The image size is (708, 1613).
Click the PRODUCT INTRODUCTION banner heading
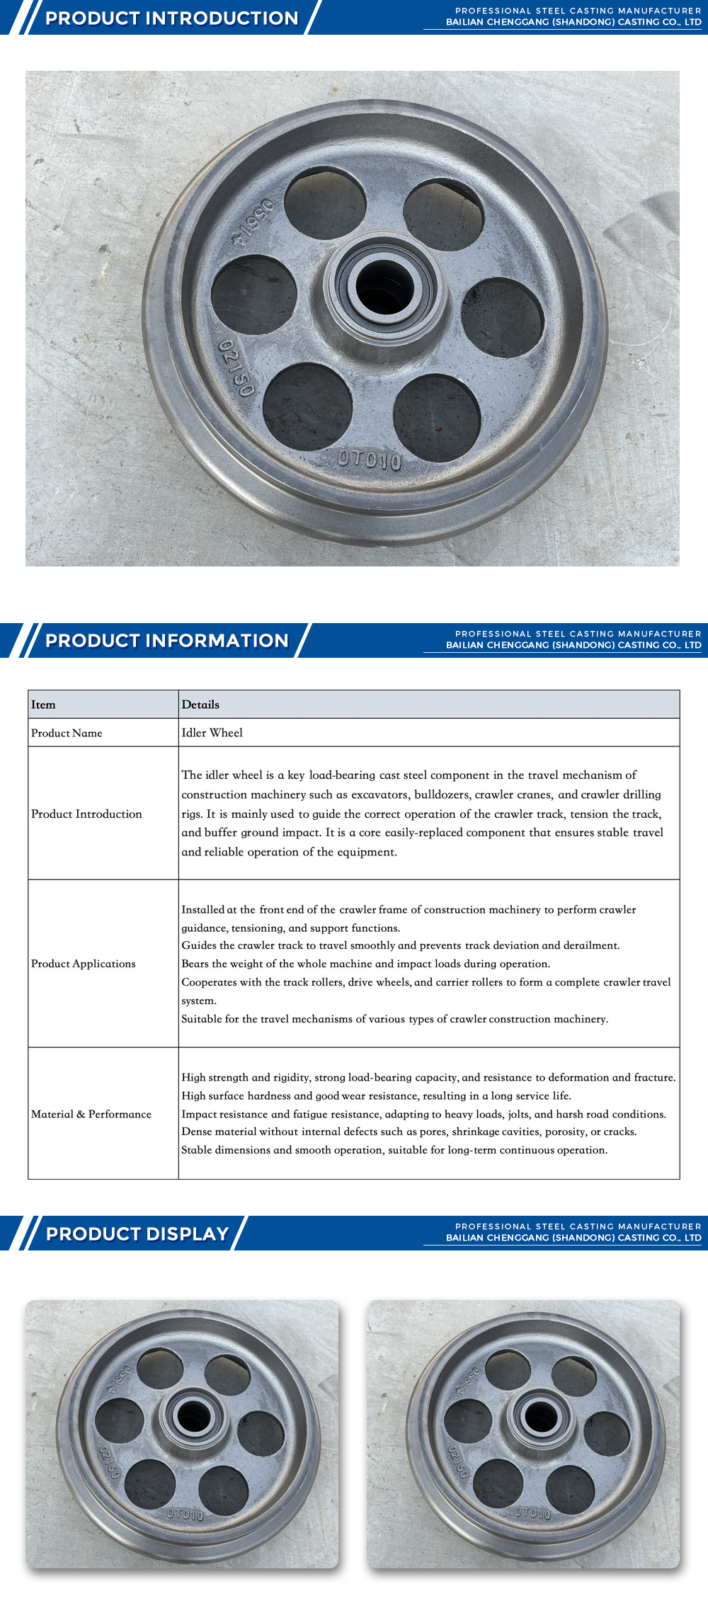(x=171, y=18)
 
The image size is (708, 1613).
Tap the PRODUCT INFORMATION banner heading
(x=166, y=640)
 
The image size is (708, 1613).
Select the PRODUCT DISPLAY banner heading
(x=137, y=1233)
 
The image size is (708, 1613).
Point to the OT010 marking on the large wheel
(x=370, y=460)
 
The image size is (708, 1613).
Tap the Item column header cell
(x=43, y=705)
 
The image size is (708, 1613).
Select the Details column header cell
(x=200, y=705)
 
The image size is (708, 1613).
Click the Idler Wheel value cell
(x=212, y=733)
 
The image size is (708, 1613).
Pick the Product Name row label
(x=67, y=733)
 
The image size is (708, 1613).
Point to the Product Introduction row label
(x=86, y=814)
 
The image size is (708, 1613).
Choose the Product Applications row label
(x=84, y=964)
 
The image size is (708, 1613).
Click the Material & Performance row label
(x=91, y=1114)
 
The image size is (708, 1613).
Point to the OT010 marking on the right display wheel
(x=532, y=1513)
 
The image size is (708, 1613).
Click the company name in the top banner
(x=573, y=22)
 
